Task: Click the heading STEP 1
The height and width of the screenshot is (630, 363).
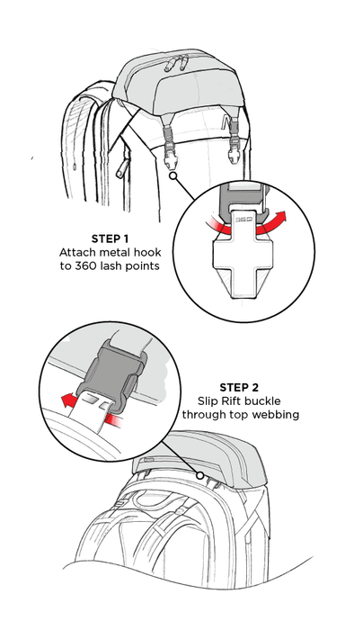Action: (x=110, y=238)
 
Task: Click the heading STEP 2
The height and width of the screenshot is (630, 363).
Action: (x=239, y=388)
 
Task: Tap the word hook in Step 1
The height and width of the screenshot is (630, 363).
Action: (x=148, y=253)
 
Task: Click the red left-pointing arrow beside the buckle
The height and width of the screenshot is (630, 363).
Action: (x=67, y=400)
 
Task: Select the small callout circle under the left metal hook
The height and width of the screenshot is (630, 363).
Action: (x=173, y=175)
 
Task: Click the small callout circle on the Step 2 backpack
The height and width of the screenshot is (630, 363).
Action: (x=199, y=476)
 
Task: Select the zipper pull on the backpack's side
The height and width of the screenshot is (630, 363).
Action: (x=121, y=169)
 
